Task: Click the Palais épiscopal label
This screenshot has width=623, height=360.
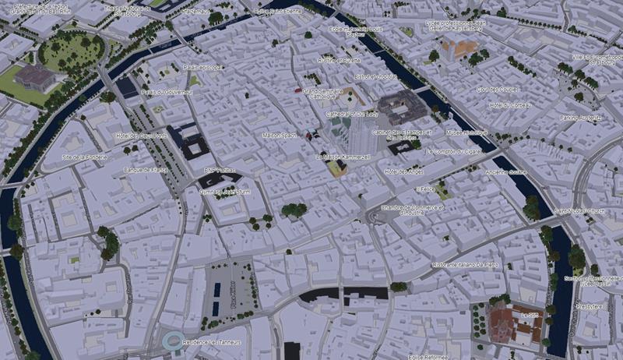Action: coord(202,67)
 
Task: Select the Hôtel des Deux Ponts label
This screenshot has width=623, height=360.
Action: coord(142,136)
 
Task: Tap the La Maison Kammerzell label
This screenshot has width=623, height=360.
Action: coord(341,157)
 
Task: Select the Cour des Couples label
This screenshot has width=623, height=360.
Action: coord(498,89)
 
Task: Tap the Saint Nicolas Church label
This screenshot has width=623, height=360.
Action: coord(580,210)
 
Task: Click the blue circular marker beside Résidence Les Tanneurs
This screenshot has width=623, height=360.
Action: coord(172,340)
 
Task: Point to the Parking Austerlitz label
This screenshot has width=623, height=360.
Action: coord(581,118)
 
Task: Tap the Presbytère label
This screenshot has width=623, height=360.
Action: coord(590,307)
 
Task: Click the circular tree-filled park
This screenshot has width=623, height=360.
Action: coord(71,52)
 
